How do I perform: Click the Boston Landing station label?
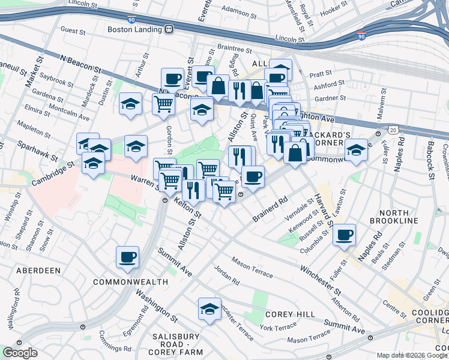pos(136,29)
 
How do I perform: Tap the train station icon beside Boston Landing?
pos(170,29)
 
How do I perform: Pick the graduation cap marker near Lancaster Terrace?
pos(209,309)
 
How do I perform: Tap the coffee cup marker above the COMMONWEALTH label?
pos(127,257)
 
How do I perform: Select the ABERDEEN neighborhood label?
pos(38,271)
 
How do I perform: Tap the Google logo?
pos(20,353)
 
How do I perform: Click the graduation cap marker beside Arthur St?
pos(130,104)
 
